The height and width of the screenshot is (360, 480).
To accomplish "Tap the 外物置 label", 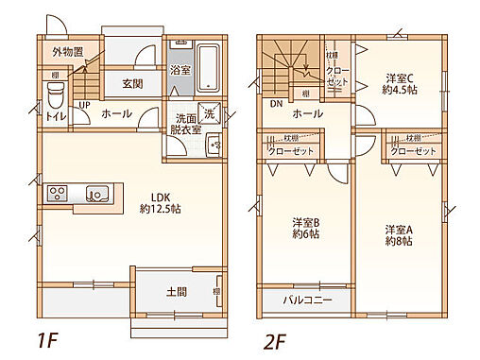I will tap(67, 52).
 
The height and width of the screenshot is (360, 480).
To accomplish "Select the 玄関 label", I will tap(132, 83).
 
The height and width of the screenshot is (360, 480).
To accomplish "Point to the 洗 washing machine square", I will tap(210, 111).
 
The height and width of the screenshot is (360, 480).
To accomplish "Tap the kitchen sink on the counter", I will tap(96, 194).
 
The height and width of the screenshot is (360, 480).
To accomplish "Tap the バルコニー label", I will tap(307, 301).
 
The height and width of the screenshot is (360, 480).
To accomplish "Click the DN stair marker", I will tap(277, 103).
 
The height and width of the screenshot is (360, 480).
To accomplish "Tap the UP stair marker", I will tap(84, 105).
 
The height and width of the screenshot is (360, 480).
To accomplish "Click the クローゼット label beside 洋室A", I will tap(413, 151).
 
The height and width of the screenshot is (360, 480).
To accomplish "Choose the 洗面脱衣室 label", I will tap(186, 125).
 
